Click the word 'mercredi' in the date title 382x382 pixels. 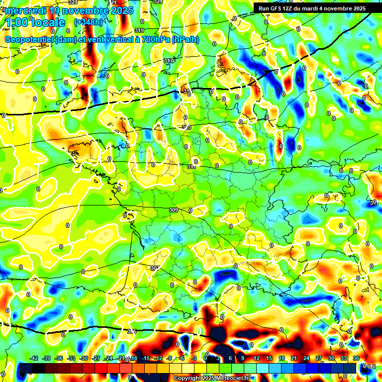click(x=25, y=10)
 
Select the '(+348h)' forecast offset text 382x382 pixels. click(x=88, y=22)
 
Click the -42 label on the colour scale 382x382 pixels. click(x=34, y=358)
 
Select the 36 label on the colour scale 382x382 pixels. click(x=356, y=358)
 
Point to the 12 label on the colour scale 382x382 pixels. click(x=256, y=358)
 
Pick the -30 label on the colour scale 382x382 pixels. click(x=84, y=358)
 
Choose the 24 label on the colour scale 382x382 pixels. click(x=306, y=358)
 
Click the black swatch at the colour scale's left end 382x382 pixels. click(x=25, y=368)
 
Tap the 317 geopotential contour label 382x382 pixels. click(x=169, y=61)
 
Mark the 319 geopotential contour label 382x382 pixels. click(x=139, y=31)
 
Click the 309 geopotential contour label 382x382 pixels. click(x=174, y=210)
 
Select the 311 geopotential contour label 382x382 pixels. click(x=191, y=167)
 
